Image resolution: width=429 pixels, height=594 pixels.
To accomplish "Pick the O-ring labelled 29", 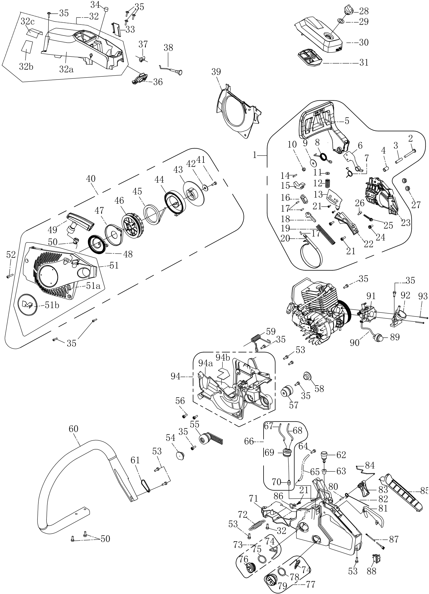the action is click(x=340, y=21).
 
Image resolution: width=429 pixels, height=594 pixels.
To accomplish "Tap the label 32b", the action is click(x=26, y=67).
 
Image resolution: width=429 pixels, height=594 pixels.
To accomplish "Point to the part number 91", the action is click(x=371, y=296).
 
